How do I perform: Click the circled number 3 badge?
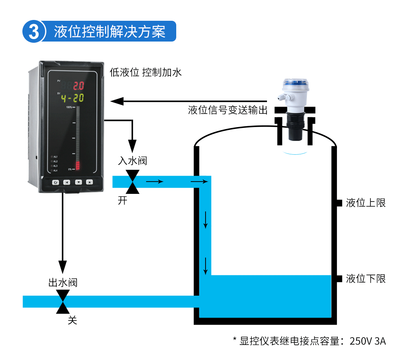33,31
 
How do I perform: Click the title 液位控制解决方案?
110,31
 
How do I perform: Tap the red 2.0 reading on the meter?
78,86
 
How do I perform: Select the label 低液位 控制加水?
145,72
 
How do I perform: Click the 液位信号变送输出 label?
228,110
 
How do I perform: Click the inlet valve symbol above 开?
132,182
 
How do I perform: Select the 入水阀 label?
132,161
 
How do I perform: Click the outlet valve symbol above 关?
63,302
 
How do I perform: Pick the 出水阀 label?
63,282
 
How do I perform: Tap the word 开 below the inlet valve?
123,200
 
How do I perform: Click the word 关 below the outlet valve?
72,320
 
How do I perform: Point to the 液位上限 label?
365,203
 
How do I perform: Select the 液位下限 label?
365,279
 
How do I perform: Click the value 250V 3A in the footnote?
368,341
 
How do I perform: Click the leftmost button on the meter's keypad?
56,182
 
